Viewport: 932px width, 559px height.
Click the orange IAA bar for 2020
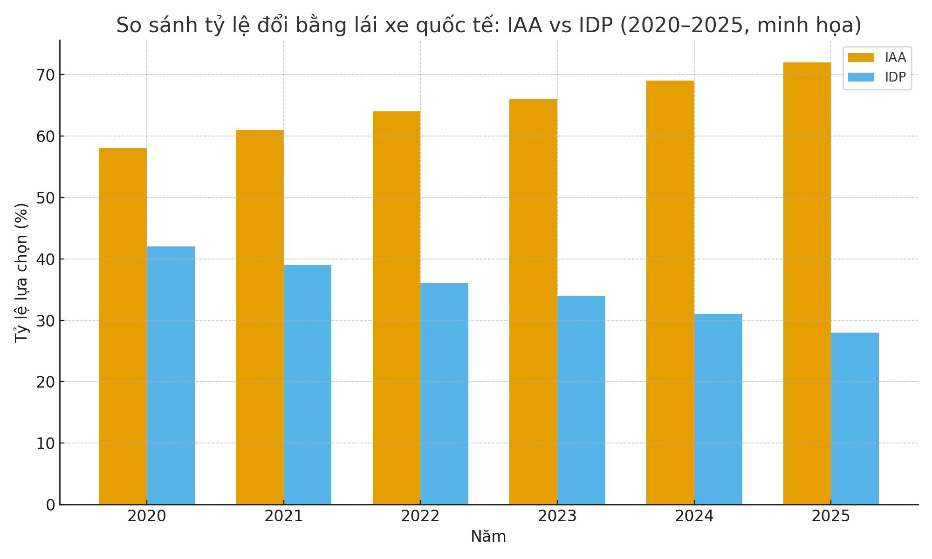tap(123, 326)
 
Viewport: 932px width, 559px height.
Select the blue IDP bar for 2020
tap(171, 375)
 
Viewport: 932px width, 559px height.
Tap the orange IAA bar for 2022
tap(397, 307)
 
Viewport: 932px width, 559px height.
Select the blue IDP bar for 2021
tap(308, 385)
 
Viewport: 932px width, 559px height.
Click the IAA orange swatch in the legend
tap(861, 58)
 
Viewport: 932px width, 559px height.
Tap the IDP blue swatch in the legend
tap(861, 77)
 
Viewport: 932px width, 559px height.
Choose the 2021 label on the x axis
tap(284, 517)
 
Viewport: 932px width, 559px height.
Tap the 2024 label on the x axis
tap(694, 517)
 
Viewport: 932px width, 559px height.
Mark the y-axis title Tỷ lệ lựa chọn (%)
tap(21, 273)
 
